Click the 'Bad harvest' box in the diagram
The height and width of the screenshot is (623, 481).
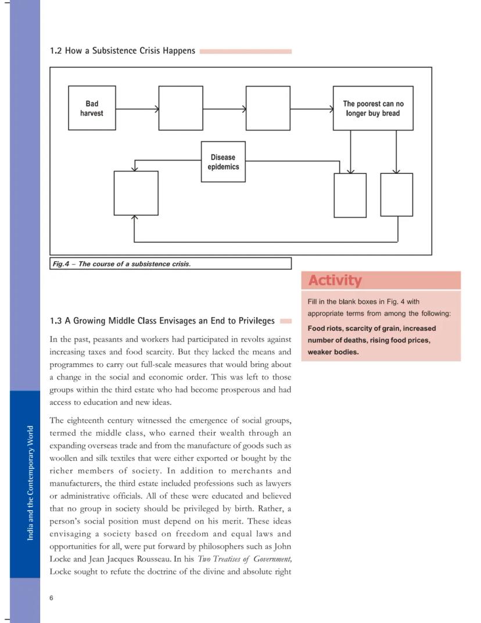point(91,108)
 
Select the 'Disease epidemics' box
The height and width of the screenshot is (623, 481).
point(223,162)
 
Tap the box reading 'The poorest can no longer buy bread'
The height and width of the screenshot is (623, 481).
point(373,108)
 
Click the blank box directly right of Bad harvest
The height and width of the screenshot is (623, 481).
point(181,108)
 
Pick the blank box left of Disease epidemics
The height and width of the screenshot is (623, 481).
point(136,193)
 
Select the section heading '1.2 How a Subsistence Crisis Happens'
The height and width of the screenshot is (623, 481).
point(123,51)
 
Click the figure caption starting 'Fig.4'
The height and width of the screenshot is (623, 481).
point(121,264)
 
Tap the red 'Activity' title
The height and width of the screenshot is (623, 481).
point(335,280)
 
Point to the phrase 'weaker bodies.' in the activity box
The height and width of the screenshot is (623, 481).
point(333,352)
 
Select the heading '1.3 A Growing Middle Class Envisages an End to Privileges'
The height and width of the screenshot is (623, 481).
point(162,321)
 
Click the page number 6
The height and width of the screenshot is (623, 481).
point(52,598)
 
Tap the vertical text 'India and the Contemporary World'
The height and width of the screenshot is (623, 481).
point(30,483)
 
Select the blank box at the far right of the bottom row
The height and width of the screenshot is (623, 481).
point(397,195)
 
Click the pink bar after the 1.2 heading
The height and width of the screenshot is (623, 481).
point(245,51)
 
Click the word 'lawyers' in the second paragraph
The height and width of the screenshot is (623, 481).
point(275,483)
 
